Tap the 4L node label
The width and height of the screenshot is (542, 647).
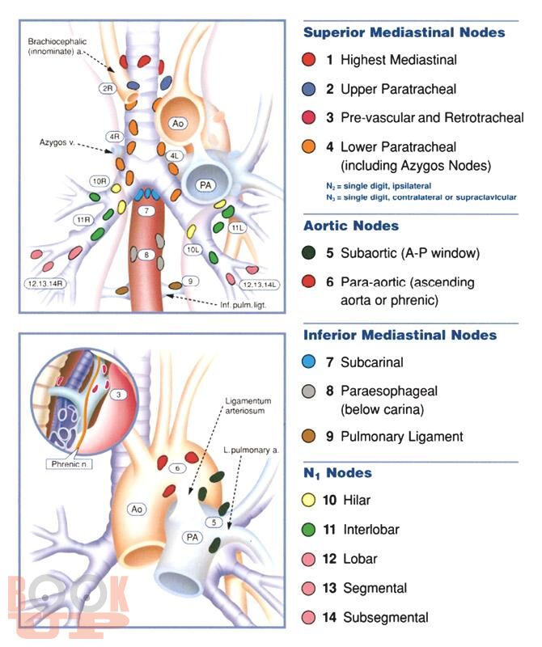[x=174, y=155]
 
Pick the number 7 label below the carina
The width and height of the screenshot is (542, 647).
[x=146, y=210]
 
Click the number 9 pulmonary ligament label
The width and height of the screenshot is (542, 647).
[x=191, y=281]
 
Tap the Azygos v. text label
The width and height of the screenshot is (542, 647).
[x=57, y=142]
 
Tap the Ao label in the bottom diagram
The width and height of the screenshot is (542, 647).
[x=137, y=509]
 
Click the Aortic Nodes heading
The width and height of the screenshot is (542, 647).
[x=351, y=226]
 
